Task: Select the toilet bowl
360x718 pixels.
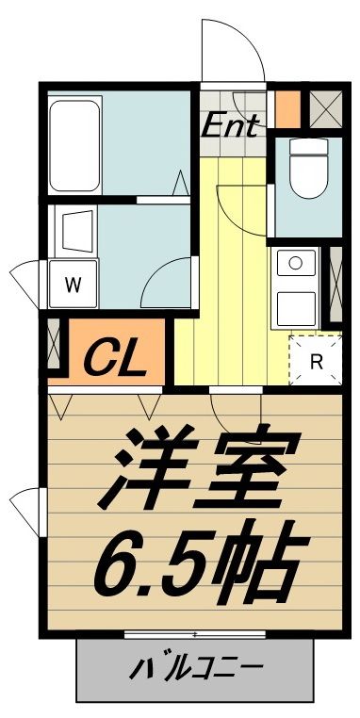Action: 307,170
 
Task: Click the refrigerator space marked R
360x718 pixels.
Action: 317,360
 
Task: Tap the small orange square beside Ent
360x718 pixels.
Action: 287,107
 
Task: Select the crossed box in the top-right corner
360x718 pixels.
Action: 326,108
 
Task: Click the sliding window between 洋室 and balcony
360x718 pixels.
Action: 194,634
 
